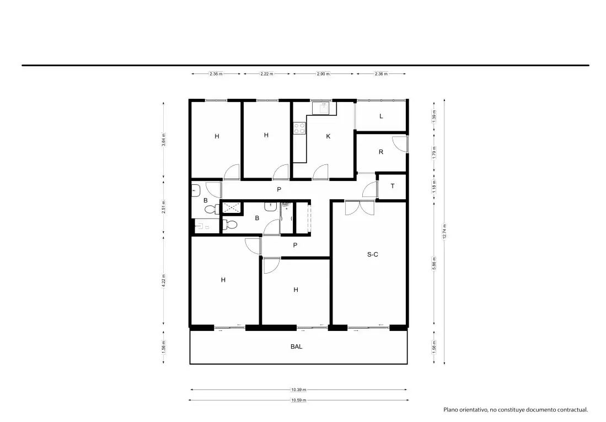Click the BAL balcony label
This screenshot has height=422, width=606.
297,346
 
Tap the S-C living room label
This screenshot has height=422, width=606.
373,254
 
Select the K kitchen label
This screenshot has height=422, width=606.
328,136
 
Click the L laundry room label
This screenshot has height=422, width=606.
381,116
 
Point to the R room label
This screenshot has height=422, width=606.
381,152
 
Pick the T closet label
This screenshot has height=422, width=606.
393,186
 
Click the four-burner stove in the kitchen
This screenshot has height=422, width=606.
299,128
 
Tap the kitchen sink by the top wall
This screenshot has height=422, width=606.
321,108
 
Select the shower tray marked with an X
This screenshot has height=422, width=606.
231,208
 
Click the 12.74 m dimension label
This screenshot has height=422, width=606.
444,232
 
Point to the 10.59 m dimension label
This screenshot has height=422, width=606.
298,400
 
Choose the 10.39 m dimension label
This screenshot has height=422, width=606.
298,390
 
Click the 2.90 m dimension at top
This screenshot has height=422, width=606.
323,74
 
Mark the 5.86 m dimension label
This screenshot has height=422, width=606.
435,264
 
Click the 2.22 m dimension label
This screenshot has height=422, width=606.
267,74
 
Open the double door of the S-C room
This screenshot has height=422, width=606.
360,208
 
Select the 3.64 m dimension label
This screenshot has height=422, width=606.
163,140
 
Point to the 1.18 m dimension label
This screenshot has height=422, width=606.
435,186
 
